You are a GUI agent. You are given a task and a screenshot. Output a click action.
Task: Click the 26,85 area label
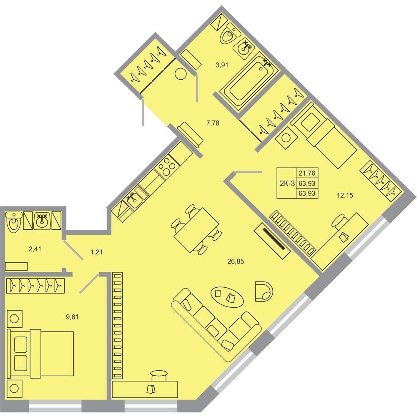pyautogui.click(x=236, y=261)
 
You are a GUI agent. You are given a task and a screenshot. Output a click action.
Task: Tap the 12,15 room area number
pyautogui.click(x=345, y=196)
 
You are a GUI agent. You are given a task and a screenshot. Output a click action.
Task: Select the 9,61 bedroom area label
pyautogui.click(x=72, y=317)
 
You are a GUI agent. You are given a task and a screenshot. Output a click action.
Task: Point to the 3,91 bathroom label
pyautogui.click(x=222, y=65)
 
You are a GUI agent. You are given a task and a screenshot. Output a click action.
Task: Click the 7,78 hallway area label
pyautogui.click(x=213, y=123)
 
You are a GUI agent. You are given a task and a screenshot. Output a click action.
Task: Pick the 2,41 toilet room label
pyautogui.click(x=35, y=249)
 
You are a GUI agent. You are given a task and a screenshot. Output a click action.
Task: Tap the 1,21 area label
pyautogui.click(x=97, y=252)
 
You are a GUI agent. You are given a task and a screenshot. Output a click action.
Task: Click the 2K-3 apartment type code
pyautogui.click(x=287, y=183)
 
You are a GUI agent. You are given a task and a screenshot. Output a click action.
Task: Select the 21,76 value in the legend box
pyautogui.click(x=307, y=173)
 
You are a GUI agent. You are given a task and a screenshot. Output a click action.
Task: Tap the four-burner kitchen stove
pyautogui.click(x=166, y=166)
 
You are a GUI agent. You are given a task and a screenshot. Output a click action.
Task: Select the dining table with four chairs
pyautogui.click(x=196, y=230)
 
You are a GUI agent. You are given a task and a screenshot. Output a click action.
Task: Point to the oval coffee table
pyautogui.click(x=227, y=297)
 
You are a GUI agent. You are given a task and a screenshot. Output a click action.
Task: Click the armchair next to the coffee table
pyautogui.click(x=264, y=291)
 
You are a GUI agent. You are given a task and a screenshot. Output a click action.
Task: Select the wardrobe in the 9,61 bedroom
pyautogui.click(x=35, y=286)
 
